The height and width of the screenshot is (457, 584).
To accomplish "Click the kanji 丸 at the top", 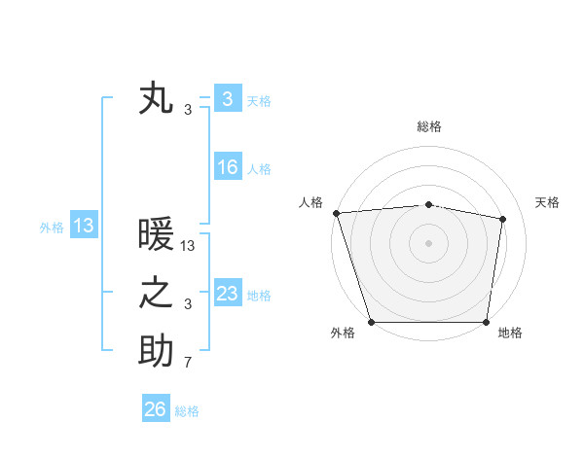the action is [x=156, y=99].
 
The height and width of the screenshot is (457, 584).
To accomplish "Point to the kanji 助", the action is [x=156, y=351].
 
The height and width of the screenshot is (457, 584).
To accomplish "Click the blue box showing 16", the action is [x=227, y=167].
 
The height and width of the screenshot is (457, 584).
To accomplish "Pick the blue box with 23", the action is [x=227, y=293].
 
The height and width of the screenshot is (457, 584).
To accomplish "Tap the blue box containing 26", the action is [x=155, y=409].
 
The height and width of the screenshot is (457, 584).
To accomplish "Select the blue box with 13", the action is [x=83, y=226].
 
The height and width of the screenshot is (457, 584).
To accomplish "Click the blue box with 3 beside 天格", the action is [x=227, y=98].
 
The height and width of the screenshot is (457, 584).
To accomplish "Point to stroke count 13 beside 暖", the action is [x=188, y=247].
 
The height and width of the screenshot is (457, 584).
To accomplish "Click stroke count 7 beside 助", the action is [x=188, y=364].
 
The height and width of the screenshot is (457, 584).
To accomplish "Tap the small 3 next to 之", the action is [x=188, y=305].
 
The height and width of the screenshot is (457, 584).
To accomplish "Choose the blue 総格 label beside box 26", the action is [x=187, y=411].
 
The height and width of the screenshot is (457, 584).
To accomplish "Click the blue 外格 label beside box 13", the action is [x=52, y=228].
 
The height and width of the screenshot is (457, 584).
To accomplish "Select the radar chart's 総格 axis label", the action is [x=428, y=126].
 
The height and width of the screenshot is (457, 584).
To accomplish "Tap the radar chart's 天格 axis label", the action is [x=547, y=202].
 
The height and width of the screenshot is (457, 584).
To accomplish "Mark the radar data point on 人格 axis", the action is [x=336, y=213].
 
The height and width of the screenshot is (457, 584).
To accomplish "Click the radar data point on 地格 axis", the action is [x=486, y=322].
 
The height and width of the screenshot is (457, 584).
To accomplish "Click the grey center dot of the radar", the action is [x=428, y=243].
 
